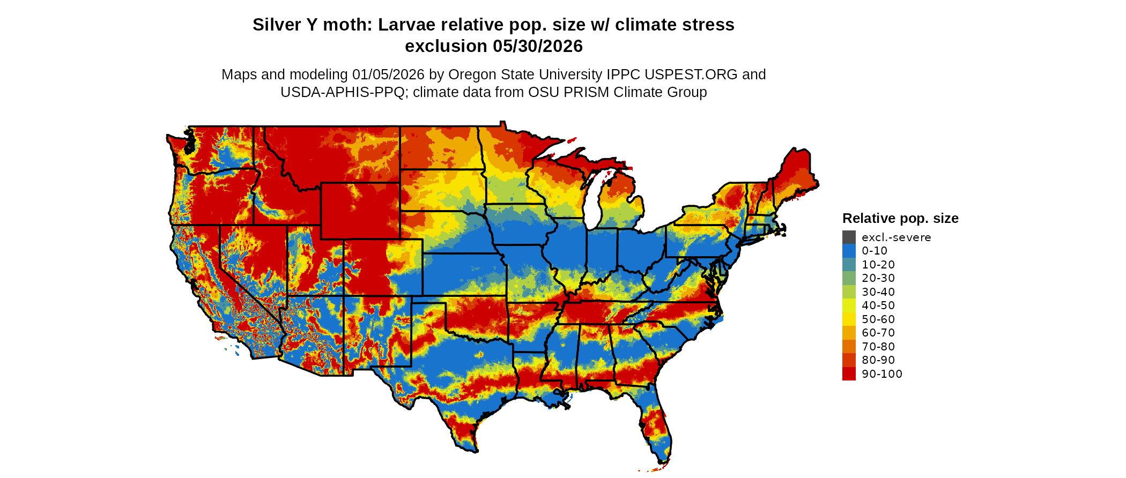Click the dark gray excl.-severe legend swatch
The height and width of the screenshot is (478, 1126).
pos(849,237)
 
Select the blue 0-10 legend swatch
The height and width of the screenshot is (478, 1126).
pos(849,251)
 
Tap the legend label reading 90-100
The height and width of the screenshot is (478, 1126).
pos(882,374)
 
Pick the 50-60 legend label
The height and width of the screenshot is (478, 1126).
pos(878,319)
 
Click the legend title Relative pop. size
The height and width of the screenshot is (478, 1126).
pos(900,219)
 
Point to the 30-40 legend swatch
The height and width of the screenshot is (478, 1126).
pos(849,292)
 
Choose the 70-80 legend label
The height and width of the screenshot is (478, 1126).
pos(878,347)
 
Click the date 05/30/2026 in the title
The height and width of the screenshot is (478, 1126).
pos(537,47)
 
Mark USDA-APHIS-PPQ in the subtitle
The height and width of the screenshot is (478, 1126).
pos(343,93)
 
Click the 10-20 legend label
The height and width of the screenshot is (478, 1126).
pos(878,265)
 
